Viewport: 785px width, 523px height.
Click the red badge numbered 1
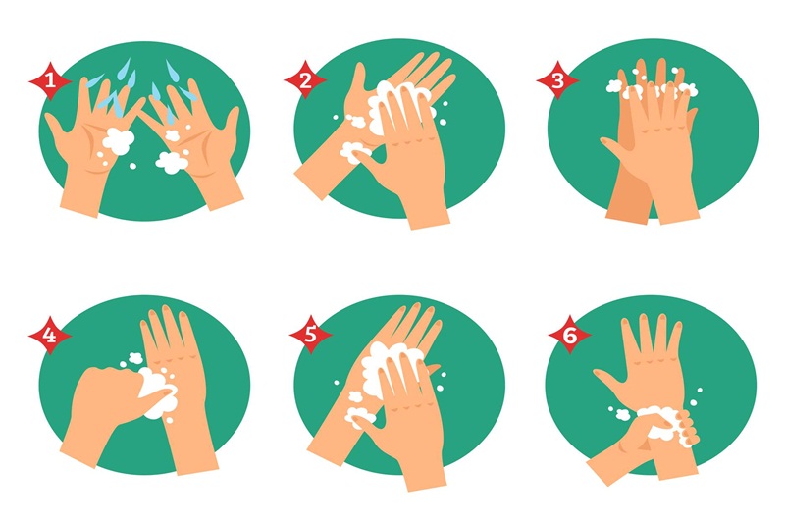(x=50, y=80)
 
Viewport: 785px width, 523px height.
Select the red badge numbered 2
(x=305, y=80)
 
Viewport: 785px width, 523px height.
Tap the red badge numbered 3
(x=557, y=80)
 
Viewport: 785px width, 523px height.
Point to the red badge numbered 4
(x=50, y=335)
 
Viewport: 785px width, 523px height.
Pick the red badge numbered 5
(x=310, y=335)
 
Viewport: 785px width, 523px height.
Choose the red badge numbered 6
(x=570, y=335)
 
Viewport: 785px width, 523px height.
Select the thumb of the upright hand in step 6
(x=608, y=381)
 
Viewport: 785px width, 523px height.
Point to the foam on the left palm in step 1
(x=118, y=140)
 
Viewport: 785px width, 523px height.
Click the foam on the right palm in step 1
(x=172, y=162)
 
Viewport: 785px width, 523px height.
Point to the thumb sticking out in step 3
(x=613, y=147)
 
